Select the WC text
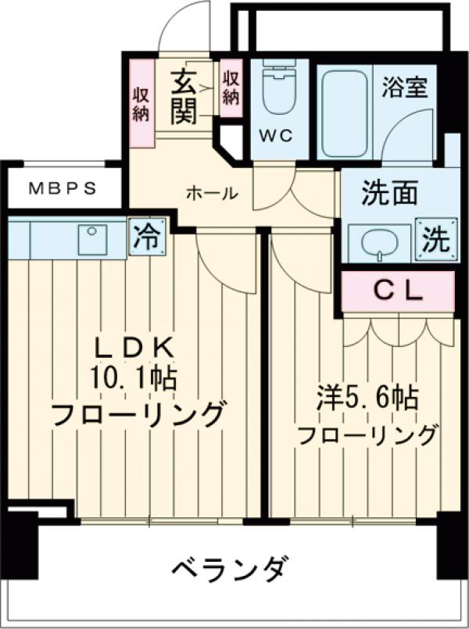pos(275,135)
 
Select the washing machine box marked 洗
pos(435,238)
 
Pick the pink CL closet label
pos(397,291)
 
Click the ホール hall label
pos(211,193)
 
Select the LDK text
pos(133,346)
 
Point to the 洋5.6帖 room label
pos(366,400)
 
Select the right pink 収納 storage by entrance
pos(231,88)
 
